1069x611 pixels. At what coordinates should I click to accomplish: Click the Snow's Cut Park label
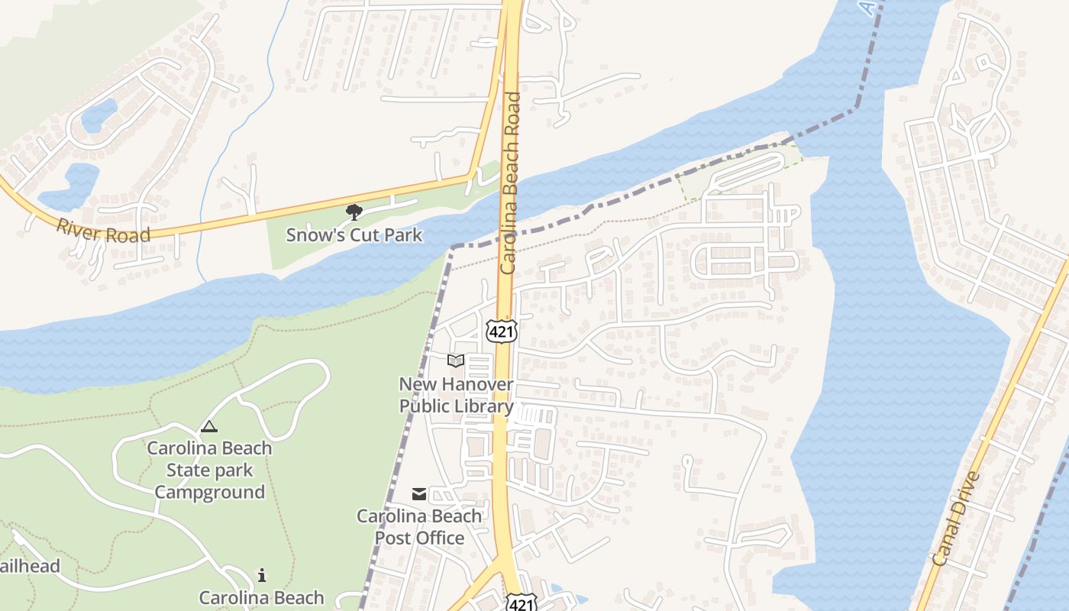point(354,234)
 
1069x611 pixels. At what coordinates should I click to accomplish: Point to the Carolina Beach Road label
point(510,183)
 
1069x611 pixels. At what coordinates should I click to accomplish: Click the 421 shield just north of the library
point(502,330)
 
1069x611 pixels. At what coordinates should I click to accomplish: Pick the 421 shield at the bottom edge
point(522,603)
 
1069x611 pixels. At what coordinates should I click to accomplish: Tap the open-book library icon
point(456,360)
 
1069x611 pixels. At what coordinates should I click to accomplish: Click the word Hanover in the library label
point(477,383)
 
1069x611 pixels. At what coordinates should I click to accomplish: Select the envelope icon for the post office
point(419,494)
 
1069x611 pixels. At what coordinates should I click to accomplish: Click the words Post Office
point(419,538)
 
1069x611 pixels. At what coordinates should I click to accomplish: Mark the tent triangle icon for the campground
point(208,426)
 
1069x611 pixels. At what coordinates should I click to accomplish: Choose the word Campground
point(209,492)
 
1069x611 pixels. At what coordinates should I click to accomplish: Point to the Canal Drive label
point(956,519)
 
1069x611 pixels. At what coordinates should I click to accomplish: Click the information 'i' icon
point(262,575)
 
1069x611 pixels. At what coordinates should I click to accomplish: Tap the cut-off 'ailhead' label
point(29,566)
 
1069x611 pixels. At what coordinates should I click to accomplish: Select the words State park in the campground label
point(209,470)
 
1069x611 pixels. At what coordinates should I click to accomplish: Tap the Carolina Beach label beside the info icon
point(261,597)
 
